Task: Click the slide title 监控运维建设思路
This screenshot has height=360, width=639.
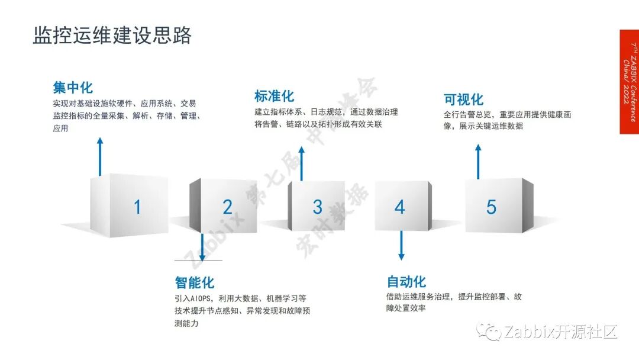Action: point(112,35)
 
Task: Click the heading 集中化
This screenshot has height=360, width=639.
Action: point(73,88)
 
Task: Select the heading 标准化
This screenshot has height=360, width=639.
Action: point(274,96)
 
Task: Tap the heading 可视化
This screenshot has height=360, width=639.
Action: point(463,99)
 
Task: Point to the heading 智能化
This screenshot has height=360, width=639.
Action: point(194,282)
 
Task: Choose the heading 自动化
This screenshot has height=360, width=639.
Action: point(406,281)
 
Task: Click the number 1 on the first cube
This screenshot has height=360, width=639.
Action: point(137,207)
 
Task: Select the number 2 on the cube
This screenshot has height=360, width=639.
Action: point(227,207)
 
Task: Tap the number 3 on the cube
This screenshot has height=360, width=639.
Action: point(317,207)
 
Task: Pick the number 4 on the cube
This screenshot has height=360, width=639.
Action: point(400,207)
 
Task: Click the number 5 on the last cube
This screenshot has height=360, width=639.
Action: point(491,207)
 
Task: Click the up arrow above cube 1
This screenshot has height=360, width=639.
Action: point(100,156)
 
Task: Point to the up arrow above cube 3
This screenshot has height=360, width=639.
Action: point(301,163)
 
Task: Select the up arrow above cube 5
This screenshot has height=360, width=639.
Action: point(479,160)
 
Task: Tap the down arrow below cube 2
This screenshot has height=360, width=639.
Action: point(202,247)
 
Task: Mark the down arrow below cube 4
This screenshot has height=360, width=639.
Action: point(401,245)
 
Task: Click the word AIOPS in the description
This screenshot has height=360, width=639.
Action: point(199,298)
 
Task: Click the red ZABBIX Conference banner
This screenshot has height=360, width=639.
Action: point(629,82)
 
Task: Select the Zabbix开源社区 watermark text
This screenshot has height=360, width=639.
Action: point(560,332)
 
